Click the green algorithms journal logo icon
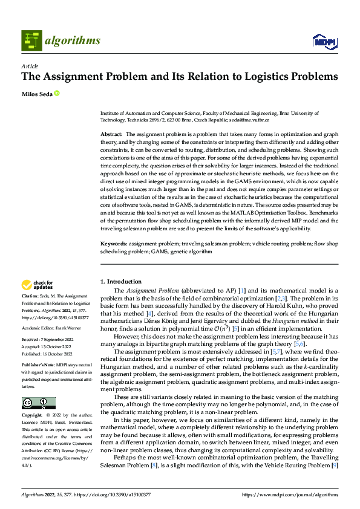click(31, 41)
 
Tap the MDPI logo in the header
click(324, 41)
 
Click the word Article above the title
click(30, 66)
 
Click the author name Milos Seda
click(36, 93)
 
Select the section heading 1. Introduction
click(120, 282)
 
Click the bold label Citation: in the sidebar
click(31, 296)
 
